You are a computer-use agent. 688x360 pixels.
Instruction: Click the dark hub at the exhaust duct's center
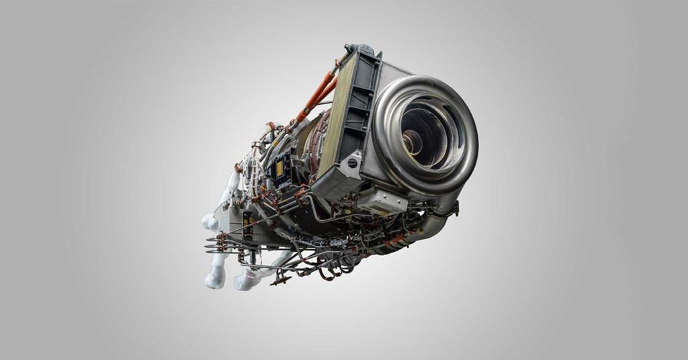(413, 141)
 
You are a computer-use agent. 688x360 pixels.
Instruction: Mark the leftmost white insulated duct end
(208, 221)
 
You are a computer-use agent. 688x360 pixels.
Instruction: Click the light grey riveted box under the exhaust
(382, 199)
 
